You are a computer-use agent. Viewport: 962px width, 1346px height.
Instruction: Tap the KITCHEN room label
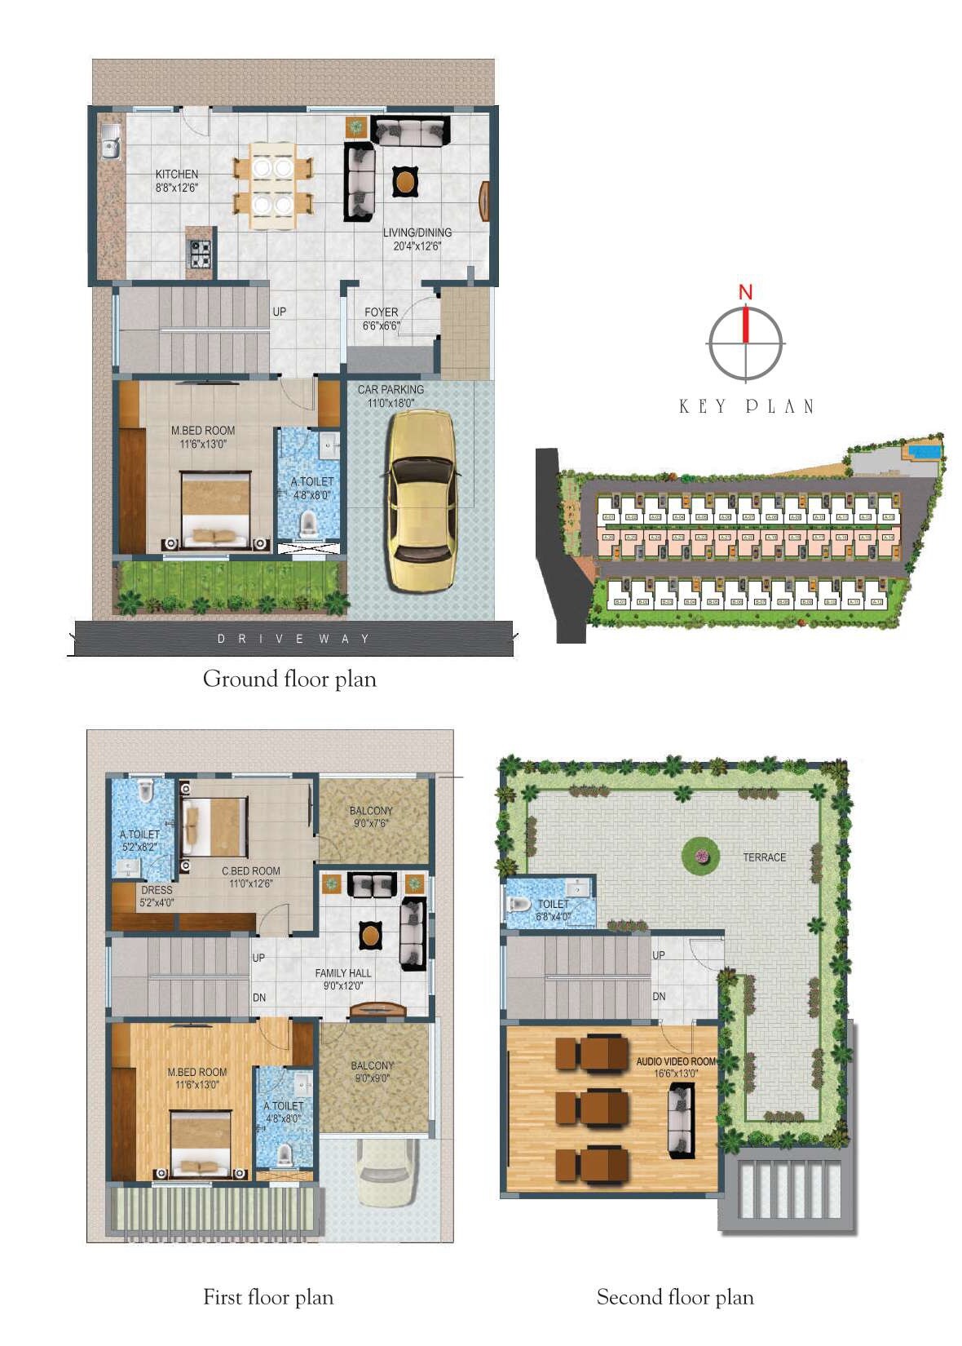[x=177, y=174]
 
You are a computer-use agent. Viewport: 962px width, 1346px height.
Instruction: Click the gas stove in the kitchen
[x=201, y=255]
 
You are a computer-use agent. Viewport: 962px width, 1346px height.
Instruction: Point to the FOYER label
[x=381, y=312]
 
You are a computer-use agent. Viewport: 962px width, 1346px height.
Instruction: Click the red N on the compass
[x=745, y=291]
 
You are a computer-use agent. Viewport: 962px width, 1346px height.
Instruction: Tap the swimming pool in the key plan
[x=923, y=449]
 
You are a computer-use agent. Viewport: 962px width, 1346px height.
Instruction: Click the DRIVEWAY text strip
[x=293, y=639]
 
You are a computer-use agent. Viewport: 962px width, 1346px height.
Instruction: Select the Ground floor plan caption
[x=289, y=679]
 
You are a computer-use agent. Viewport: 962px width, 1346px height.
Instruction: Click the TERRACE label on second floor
[x=764, y=857]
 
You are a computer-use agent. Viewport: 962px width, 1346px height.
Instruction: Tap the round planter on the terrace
[x=701, y=855]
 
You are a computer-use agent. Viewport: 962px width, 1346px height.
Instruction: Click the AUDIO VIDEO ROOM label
[x=676, y=1061]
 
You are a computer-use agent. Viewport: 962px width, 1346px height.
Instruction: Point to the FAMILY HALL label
[x=343, y=973]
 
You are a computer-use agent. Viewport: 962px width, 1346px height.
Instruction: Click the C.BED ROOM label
[x=250, y=871]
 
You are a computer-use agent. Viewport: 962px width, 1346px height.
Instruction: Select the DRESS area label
[x=157, y=890]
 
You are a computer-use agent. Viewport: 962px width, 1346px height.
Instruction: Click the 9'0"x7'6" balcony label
[x=371, y=817]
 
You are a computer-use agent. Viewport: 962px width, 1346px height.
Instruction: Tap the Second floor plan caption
[x=675, y=1297]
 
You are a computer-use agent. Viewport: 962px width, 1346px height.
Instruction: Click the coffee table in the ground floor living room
[x=404, y=180]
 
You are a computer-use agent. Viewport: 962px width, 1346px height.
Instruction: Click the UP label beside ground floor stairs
[x=280, y=312]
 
